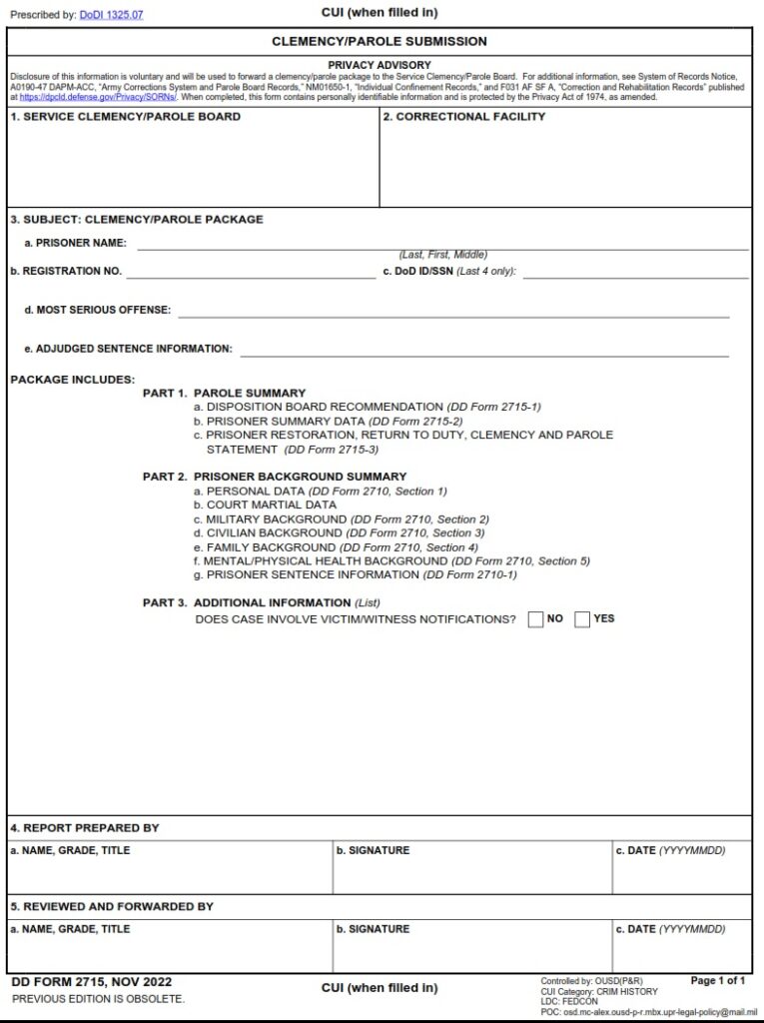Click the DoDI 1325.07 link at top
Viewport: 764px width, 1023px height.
(x=111, y=16)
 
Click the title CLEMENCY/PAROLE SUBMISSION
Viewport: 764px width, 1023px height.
(x=380, y=42)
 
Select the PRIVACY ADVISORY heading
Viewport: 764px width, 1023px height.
(x=380, y=65)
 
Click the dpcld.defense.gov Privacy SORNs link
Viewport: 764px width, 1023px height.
(x=98, y=97)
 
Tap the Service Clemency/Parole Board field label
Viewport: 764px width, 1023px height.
(x=125, y=117)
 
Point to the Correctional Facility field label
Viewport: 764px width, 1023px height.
(x=464, y=117)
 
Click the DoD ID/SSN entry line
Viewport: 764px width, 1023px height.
(x=635, y=271)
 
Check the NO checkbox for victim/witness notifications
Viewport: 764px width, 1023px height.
(x=535, y=619)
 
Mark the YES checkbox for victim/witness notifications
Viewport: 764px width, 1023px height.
(x=582, y=619)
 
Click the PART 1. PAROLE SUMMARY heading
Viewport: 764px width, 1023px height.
(x=224, y=393)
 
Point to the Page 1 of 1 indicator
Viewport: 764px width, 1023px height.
(x=718, y=981)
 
